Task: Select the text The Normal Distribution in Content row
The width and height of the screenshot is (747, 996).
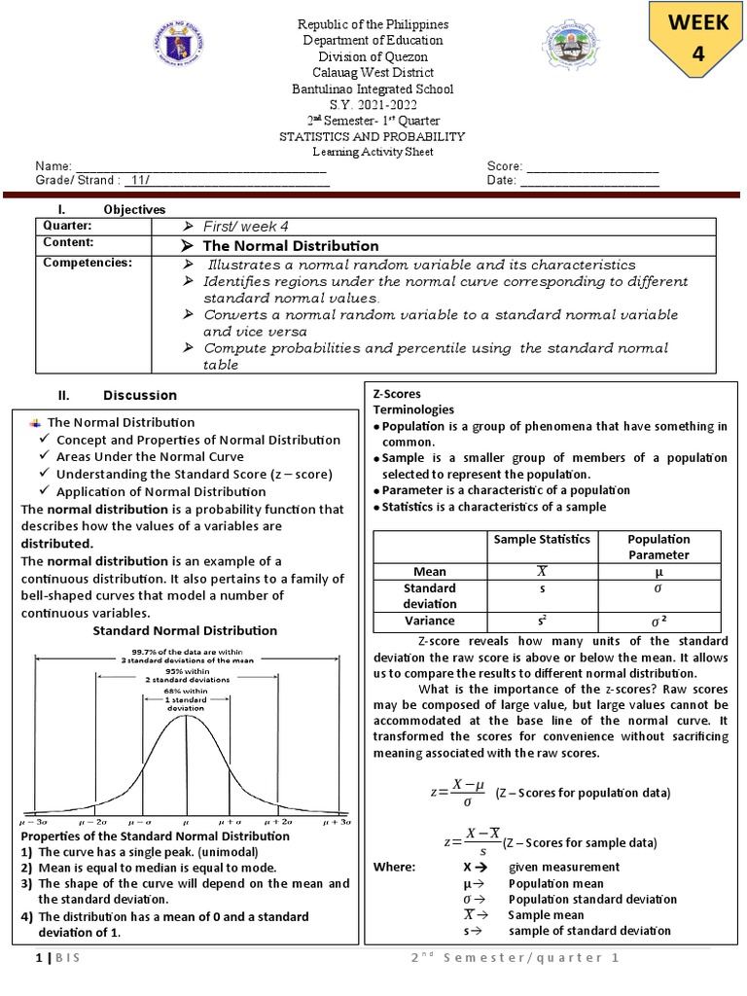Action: [x=290, y=245]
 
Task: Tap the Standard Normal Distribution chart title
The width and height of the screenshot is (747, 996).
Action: [x=185, y=630]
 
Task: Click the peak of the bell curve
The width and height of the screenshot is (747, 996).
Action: [x=186, y=717]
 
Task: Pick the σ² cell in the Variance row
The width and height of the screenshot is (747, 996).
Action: [x=658, y=621]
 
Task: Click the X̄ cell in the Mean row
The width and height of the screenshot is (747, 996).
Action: [x=541, y=572]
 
